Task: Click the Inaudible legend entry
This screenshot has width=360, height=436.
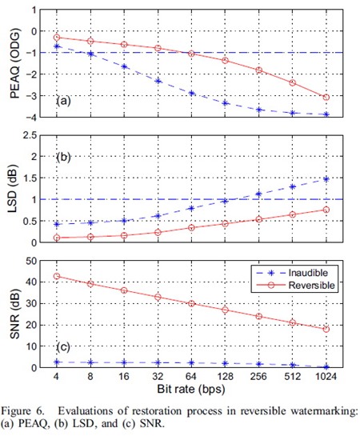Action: (x=294, y=273)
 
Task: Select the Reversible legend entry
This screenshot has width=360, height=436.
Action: (x=295, y=286)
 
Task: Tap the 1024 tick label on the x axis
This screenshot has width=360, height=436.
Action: (x=326, y=377)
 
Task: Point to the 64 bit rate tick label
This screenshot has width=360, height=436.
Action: (x=191, y=377)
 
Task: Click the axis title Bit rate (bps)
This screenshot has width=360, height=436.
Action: (x=191, y=389)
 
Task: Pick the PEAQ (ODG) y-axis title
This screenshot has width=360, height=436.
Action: (x=15, y=63)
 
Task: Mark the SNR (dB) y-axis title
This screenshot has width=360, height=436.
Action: (x=14, y=314)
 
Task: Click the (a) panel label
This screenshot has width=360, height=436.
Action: (x=63, y=101)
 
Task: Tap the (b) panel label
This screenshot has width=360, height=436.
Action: (x=63, y=158)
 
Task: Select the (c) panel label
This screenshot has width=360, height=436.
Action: (x=63, y=347)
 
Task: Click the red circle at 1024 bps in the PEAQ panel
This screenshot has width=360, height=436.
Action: (x=326, y=98)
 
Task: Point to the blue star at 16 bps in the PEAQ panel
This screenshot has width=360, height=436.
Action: (x=124, y=66)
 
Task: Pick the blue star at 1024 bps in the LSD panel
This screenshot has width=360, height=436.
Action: (x=326, y=179)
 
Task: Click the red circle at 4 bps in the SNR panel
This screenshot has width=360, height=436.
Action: (x=57, y=276)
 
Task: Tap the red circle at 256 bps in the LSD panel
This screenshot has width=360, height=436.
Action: (x=259, y=219)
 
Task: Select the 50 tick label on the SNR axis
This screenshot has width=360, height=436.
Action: (x=30, y=261)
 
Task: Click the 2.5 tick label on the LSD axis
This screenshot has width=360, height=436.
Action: (x=30, y=136)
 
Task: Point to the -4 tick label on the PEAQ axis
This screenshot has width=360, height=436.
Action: (x=30, y=117)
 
